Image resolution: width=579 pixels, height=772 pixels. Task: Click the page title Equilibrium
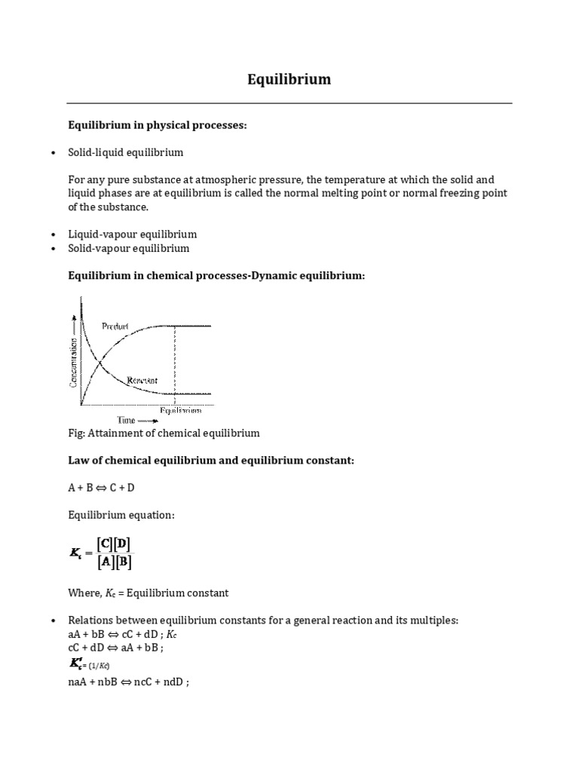pos(289,79)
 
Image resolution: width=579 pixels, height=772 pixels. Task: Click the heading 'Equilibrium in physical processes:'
pos(158,124)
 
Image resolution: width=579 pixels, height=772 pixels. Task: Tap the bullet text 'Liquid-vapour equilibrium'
pos(132,234)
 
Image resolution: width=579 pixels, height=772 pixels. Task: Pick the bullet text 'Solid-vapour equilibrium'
pos(129,248)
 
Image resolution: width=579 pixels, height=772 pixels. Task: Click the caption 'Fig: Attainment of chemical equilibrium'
pos(164,433)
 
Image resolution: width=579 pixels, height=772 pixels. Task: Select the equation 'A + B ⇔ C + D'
pos(101,487)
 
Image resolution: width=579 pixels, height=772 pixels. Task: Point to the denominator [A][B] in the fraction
pos(115,562)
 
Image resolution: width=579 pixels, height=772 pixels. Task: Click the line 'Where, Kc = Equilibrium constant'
pos(148,593)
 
